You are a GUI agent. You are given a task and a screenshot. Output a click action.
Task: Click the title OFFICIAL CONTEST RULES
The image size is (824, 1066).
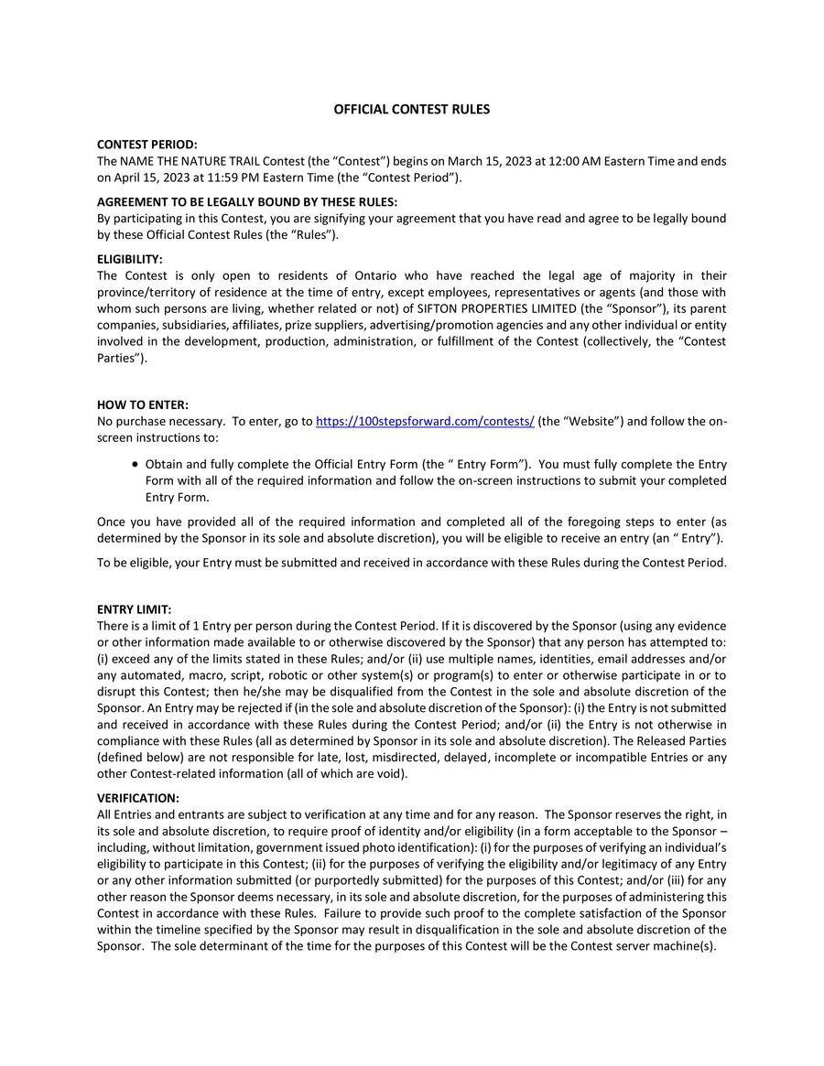(x=411, y=109)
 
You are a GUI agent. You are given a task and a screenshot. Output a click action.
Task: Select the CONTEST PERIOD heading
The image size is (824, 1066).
(x=146, y=145)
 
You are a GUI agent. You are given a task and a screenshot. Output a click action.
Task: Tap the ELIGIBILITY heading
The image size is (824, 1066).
(x=129, y=259)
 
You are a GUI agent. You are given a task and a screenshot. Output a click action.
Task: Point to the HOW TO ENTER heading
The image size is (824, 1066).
(x=142, y=404)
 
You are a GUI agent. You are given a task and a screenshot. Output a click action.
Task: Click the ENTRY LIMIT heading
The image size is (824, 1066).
(x=134, y=609)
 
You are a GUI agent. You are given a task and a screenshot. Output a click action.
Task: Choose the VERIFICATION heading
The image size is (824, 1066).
(x=138, y=798)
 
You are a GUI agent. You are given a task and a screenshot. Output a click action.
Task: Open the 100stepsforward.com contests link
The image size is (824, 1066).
(x=425, y=422)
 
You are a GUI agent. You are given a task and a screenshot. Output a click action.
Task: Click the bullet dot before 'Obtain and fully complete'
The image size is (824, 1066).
(x=136, y=465)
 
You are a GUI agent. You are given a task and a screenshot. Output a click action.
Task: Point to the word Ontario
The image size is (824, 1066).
(x=376, y=275)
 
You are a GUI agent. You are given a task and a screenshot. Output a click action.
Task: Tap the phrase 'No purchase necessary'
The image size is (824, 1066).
(x=159, y=422)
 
